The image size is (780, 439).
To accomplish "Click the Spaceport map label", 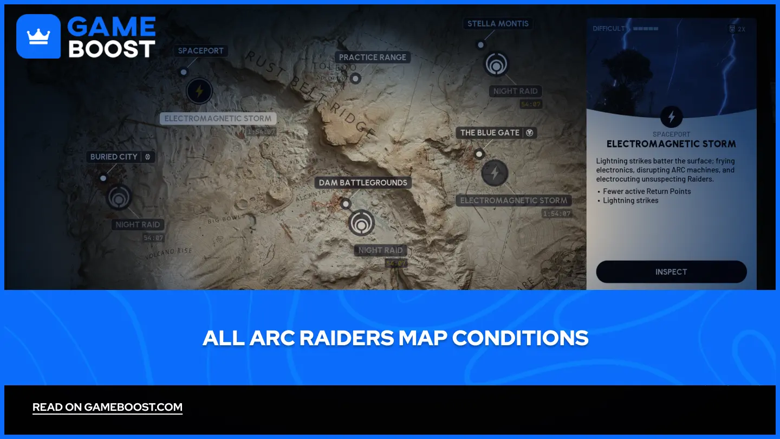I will (201, 50).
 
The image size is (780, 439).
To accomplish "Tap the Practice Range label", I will (373, 57).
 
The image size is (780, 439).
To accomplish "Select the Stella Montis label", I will (498, 24).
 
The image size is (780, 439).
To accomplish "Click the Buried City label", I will (114, 157).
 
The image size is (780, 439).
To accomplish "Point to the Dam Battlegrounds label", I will (363, 183).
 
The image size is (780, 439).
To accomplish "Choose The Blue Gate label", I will (490, 133).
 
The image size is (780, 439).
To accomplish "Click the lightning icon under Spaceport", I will (199, 91).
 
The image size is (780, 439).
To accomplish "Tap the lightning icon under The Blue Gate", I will (495, 173).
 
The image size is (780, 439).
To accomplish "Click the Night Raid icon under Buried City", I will (119, 197).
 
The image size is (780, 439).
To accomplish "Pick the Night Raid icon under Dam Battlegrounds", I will (361, 223).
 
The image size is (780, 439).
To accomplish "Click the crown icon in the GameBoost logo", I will (38, 36).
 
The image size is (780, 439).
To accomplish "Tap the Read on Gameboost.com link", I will (107, 407).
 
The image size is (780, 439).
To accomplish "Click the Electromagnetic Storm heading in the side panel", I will (671, 144).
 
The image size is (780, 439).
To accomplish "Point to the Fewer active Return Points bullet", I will (647, 191).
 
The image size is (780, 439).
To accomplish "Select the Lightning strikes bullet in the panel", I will (631, 201).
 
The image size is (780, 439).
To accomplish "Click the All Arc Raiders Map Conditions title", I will (395, 338).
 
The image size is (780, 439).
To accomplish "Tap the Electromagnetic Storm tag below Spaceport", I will (218, 119).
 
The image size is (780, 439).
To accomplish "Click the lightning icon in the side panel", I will (672, 117).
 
